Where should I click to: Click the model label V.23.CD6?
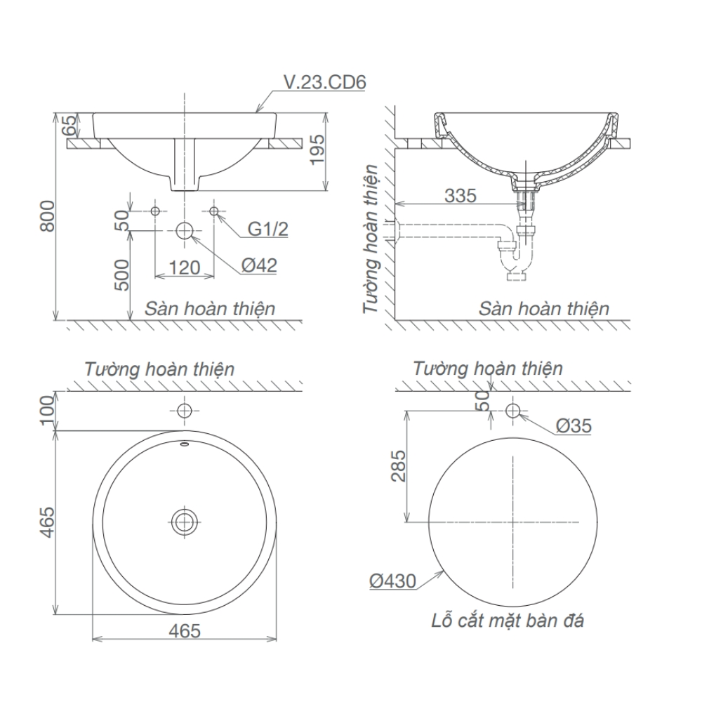tap(324, 83)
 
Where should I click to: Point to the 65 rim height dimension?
tap(69, 126)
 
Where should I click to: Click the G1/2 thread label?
tap(267, 229)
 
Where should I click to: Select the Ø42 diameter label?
tap(259, 265)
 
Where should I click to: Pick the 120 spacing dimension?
tap(185, 267)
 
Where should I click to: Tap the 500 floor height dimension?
tap(120, 276)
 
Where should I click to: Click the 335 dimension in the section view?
tap(461, 195)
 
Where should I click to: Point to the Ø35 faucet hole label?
tap(574, 425)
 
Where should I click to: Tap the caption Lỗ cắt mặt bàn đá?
tap(508, 620)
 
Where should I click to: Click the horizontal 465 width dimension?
tap(184, 630)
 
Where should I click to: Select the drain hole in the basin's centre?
tap(185, 520)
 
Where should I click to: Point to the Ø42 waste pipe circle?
tap(185, 230)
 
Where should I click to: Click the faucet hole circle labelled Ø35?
tap(513, 410)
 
